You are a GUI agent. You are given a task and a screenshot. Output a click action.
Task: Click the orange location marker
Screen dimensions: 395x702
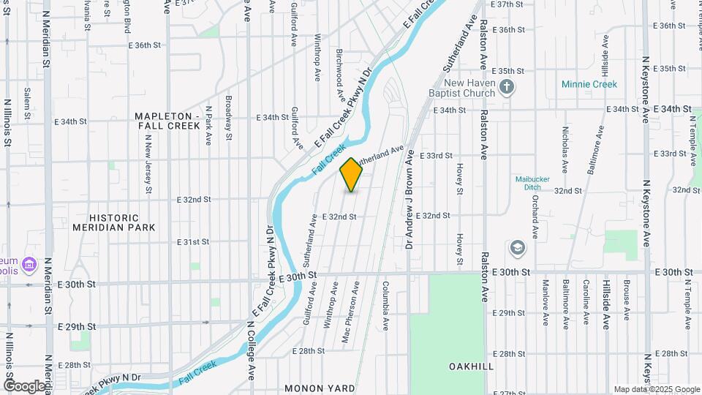click(351, 174)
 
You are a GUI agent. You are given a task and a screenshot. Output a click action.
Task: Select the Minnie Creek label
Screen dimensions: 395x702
click(589, 84)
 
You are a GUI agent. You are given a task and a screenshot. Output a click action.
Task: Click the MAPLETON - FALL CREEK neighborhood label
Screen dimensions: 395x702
click(167, 121)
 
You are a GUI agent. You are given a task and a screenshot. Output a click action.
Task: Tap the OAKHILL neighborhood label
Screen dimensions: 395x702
click(471, 366)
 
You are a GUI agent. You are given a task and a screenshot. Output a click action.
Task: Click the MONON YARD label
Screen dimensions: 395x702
click(320, 388)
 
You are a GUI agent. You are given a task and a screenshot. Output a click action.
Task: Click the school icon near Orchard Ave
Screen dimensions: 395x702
click(518, 248)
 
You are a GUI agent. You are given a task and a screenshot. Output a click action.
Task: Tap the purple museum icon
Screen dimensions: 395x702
click(29, 263)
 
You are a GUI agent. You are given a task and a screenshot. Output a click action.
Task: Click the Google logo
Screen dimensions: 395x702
click(23, 385)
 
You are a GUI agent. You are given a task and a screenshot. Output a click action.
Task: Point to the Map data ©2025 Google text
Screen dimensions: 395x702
click(656, 389)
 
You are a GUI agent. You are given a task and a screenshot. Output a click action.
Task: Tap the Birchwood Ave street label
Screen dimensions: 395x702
click(340, 75)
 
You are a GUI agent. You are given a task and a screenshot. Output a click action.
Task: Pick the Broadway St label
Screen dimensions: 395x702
click(228, 118)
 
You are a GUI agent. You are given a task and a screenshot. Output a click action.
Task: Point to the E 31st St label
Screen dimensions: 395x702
click(194, 241)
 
